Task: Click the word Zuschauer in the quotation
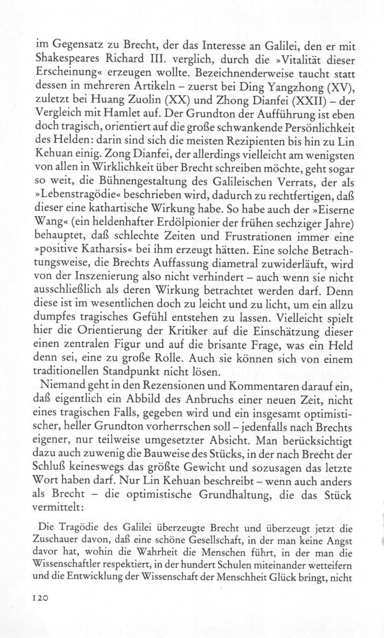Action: pyautogui.click(x=58, y=537)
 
